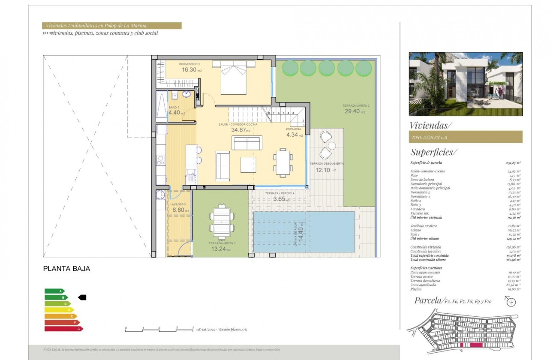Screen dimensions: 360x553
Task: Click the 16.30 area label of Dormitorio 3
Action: [189, 69]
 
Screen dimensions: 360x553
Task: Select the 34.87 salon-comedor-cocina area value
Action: [240, 129]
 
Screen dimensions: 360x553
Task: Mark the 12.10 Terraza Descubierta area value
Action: [323, 170]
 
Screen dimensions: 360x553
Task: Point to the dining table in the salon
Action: [282, 162]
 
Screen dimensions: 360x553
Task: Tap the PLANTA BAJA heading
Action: [67, 269]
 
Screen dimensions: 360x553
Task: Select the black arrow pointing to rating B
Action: [82, 297]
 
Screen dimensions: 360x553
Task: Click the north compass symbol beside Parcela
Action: [511, 301]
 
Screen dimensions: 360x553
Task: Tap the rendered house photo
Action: [466, 84]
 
